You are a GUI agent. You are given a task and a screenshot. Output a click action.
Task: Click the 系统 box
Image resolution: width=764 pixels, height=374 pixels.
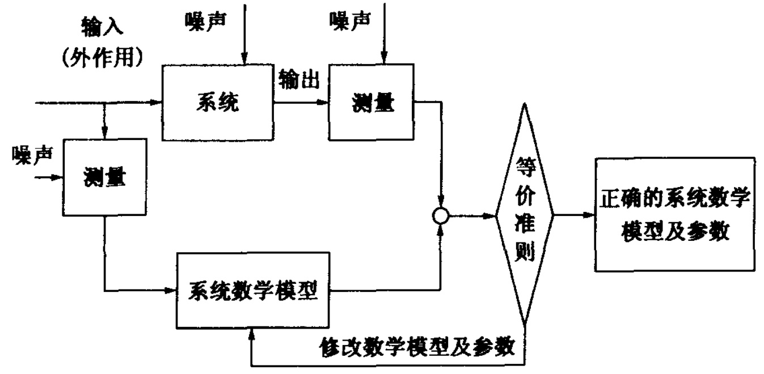218,103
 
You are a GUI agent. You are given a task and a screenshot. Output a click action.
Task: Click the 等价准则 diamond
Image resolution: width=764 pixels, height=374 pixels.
524,216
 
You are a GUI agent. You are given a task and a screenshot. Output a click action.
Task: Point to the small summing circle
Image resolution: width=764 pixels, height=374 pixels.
441,216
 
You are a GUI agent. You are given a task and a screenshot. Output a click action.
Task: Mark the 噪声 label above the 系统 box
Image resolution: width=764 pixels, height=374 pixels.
205,21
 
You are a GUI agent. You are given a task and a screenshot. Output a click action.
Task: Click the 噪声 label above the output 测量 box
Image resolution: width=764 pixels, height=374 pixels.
349,21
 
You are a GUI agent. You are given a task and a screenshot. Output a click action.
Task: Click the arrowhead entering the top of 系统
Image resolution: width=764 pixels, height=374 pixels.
244,59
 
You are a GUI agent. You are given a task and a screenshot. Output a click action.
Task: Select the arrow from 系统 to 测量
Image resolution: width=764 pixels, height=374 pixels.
301,103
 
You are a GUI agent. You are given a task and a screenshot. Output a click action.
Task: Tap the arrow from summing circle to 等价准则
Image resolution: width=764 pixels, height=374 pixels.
471,216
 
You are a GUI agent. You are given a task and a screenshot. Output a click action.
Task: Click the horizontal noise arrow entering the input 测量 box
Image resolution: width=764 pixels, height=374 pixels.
50,177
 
